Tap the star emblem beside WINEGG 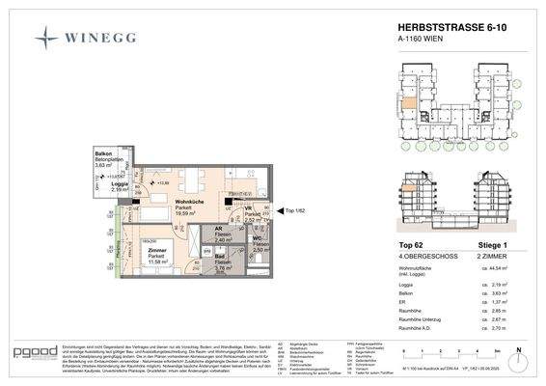[x=46, y=39]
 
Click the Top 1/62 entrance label [x=292, y=210]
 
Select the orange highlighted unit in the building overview [x=410, y=103]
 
